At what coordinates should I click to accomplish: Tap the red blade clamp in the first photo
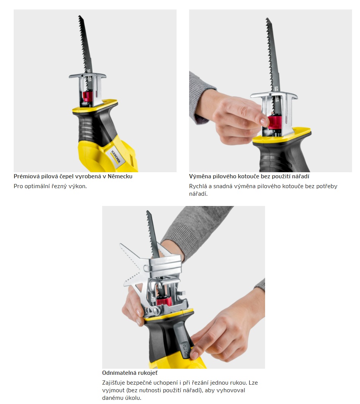pos(87,96)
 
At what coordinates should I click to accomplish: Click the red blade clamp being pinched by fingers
pos(275,123)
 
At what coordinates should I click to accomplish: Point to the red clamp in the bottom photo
pos(163,301)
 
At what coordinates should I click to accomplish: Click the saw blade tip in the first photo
pos(79,16)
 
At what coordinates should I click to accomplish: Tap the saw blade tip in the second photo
pos(267,19)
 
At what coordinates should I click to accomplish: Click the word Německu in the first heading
pos(120,176)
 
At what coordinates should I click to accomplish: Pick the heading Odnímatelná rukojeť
pos(130,373)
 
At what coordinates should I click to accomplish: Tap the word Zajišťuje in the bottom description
pos(114,383)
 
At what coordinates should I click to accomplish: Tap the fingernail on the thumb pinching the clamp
pos(264,122)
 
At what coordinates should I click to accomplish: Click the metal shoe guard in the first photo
pos(88,89)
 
